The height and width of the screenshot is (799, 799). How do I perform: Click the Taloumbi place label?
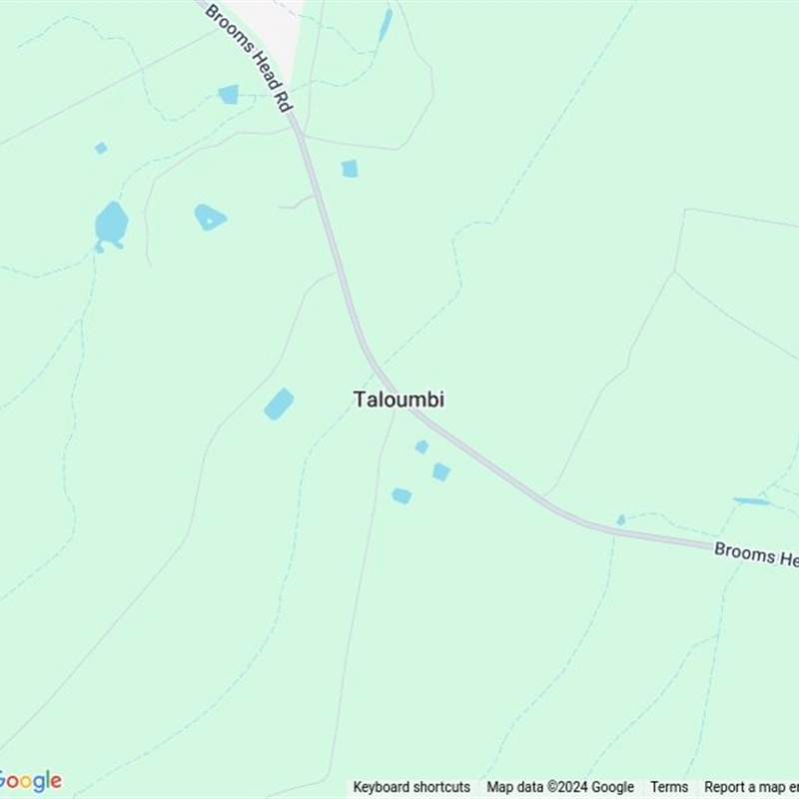(x=399, y=399)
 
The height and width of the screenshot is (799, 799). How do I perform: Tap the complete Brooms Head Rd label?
(x=250, y=58)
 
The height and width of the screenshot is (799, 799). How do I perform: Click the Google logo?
(x=30, y=780)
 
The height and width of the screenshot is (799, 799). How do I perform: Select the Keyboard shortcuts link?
(x=411, y=787)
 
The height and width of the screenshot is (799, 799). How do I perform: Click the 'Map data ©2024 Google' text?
(x=560, y=787)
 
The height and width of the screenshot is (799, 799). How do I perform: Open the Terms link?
(x=669, y=787)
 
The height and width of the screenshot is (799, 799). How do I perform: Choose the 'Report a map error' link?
(x=751, y=787)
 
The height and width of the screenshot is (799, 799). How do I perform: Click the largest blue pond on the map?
(x=111, y=225)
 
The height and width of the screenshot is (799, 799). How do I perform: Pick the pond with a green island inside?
(x=209, y=216)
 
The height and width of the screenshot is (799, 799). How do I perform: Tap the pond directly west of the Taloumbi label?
(x=279, y=403)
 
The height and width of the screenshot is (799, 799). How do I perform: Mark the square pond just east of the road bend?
(x=349, y=169)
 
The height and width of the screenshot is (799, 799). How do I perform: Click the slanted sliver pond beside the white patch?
(x=386, y=25)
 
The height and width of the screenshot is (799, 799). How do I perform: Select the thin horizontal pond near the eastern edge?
(x=752, y=500)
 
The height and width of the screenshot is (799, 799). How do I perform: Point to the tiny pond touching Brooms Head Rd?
(x=620, y=520)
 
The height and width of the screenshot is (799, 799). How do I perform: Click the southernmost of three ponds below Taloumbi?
(x=401, y=495)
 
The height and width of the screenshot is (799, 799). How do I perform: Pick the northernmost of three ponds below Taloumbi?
(x=421, y=446)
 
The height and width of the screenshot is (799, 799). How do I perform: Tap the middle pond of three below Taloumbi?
(x=440, y=471)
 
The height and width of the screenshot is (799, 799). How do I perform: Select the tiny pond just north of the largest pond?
(x=101, y=148)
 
